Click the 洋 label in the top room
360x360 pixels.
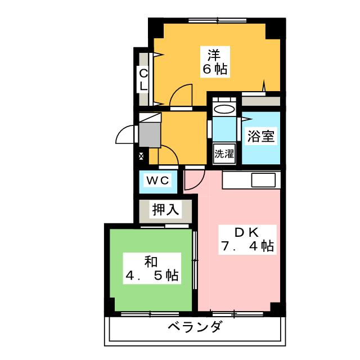pos(213,56)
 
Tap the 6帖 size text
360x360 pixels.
pos(215,70)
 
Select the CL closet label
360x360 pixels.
pos(143,79)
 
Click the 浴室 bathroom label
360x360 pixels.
pos(261,137)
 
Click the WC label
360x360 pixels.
pos(157,181)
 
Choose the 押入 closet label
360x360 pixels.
pos(165,210)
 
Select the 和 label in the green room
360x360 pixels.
pos(150,261)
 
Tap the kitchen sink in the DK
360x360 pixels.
pos(263,181)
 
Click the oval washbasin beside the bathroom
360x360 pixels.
pos(225,110)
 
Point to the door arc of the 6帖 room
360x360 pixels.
pos(181,94)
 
